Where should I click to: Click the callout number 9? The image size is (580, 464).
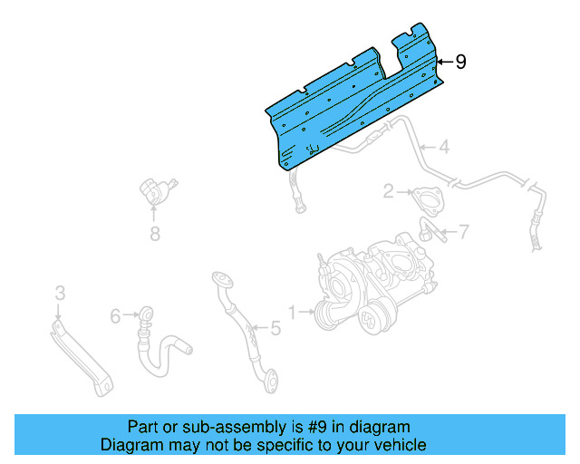tap(461, 63)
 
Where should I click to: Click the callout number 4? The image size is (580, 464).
tap(444, 147)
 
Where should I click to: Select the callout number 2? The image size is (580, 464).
tap(388, 191)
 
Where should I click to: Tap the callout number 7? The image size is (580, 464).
tap(463, 233)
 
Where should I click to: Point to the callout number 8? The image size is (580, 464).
tap(154, 235)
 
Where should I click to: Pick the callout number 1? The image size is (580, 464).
tap(293, 312)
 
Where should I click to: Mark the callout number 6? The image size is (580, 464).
tap(116, 316)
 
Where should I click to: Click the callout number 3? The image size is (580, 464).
tap(60, 293)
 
